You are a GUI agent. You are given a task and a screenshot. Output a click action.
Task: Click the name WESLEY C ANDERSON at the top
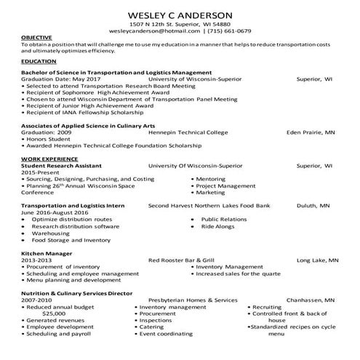pos(180,14)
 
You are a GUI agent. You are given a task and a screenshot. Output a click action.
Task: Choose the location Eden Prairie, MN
pos(310,133)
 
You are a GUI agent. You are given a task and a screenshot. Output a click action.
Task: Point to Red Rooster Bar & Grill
pos(182,260)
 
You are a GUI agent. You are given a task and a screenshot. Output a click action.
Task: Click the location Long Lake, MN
pos(317,260)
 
